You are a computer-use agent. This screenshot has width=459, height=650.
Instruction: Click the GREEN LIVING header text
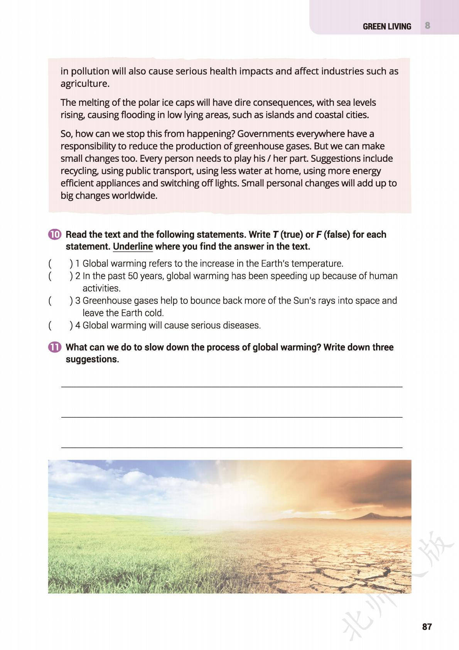click(x=386, y=26)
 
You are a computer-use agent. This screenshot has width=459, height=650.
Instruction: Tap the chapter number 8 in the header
click(x=427, y=26)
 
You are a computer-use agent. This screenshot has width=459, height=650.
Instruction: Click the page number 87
click(x=427, y=626)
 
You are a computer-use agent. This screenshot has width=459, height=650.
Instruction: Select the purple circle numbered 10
click(x=55, y=234)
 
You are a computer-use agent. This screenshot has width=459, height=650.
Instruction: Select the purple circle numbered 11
click(x=55, y=347)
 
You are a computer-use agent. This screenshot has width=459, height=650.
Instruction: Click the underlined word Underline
click(x=133, y=247)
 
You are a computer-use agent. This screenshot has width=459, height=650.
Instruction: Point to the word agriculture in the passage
click(x=84, y=84)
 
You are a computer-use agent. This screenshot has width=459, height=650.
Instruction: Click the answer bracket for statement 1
click(x=60, y=264)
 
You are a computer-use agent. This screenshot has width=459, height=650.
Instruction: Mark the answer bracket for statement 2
click(x=60, y=276)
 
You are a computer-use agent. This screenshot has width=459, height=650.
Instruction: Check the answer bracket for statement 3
click(x=60, y=301)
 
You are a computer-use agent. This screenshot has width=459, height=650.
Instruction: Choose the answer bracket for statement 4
click(x=60, y=325)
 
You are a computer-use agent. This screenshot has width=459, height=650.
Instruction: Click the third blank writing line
click(x=231, y=447)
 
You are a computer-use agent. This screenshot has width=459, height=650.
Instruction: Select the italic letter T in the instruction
click(x=275, y=235)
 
